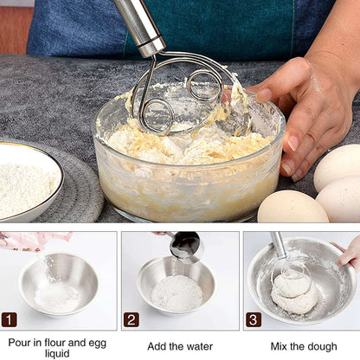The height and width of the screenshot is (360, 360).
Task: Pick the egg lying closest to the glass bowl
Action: (292, 208)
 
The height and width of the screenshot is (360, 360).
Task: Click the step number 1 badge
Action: (10, 319)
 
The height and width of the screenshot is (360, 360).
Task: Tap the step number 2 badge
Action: (131, 319)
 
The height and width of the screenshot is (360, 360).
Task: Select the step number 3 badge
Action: (253, 319)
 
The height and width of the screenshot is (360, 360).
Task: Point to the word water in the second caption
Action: (196, 346)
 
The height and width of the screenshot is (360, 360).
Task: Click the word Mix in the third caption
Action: (280, 346)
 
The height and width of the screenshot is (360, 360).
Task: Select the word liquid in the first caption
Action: (57, 353)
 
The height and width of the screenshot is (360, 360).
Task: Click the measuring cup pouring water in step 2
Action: (184, 246)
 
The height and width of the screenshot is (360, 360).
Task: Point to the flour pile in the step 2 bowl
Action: (177, 293)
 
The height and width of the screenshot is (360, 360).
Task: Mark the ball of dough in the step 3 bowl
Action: (294, 294)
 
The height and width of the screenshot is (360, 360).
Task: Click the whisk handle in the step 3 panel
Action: (278, 244)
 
